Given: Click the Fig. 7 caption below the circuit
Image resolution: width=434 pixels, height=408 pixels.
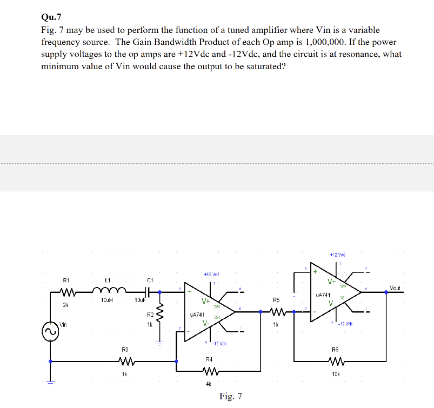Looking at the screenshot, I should pos(230,397).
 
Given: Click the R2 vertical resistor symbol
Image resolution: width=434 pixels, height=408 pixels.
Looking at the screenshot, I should pos(159,319).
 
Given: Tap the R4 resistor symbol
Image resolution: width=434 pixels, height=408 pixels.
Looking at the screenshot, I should pos(209,371).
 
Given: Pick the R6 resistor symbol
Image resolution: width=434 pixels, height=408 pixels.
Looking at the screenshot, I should pos(335,361).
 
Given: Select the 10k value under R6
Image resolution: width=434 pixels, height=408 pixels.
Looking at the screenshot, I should pos(335,373).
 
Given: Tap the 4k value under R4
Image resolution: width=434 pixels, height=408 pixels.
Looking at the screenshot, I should pos(208,384).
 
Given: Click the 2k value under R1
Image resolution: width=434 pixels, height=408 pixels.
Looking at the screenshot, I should pos(65,305).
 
